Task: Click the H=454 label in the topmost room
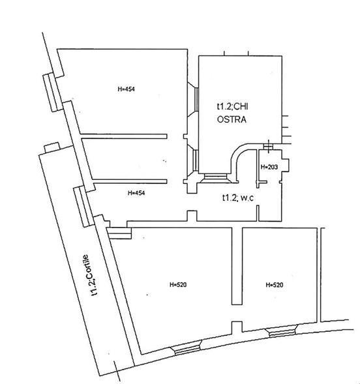(126, 89)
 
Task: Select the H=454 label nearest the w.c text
(136, 193)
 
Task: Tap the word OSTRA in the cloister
(232, 119)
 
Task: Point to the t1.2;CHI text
(232, 106)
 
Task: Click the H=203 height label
(269, 167)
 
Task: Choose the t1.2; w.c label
(238, 198)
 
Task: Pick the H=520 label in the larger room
(178, 284)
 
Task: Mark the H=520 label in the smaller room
(275, 285)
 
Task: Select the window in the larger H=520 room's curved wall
(187, 347)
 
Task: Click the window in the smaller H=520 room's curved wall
(283, 331)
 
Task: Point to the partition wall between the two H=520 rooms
(237, 266)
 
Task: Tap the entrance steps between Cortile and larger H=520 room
(119, 233)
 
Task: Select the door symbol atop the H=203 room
(269, 146)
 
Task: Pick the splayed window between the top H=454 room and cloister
(194, 99)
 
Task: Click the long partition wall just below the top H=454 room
(124, 136)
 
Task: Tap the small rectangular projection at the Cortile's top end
(52, 147)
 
